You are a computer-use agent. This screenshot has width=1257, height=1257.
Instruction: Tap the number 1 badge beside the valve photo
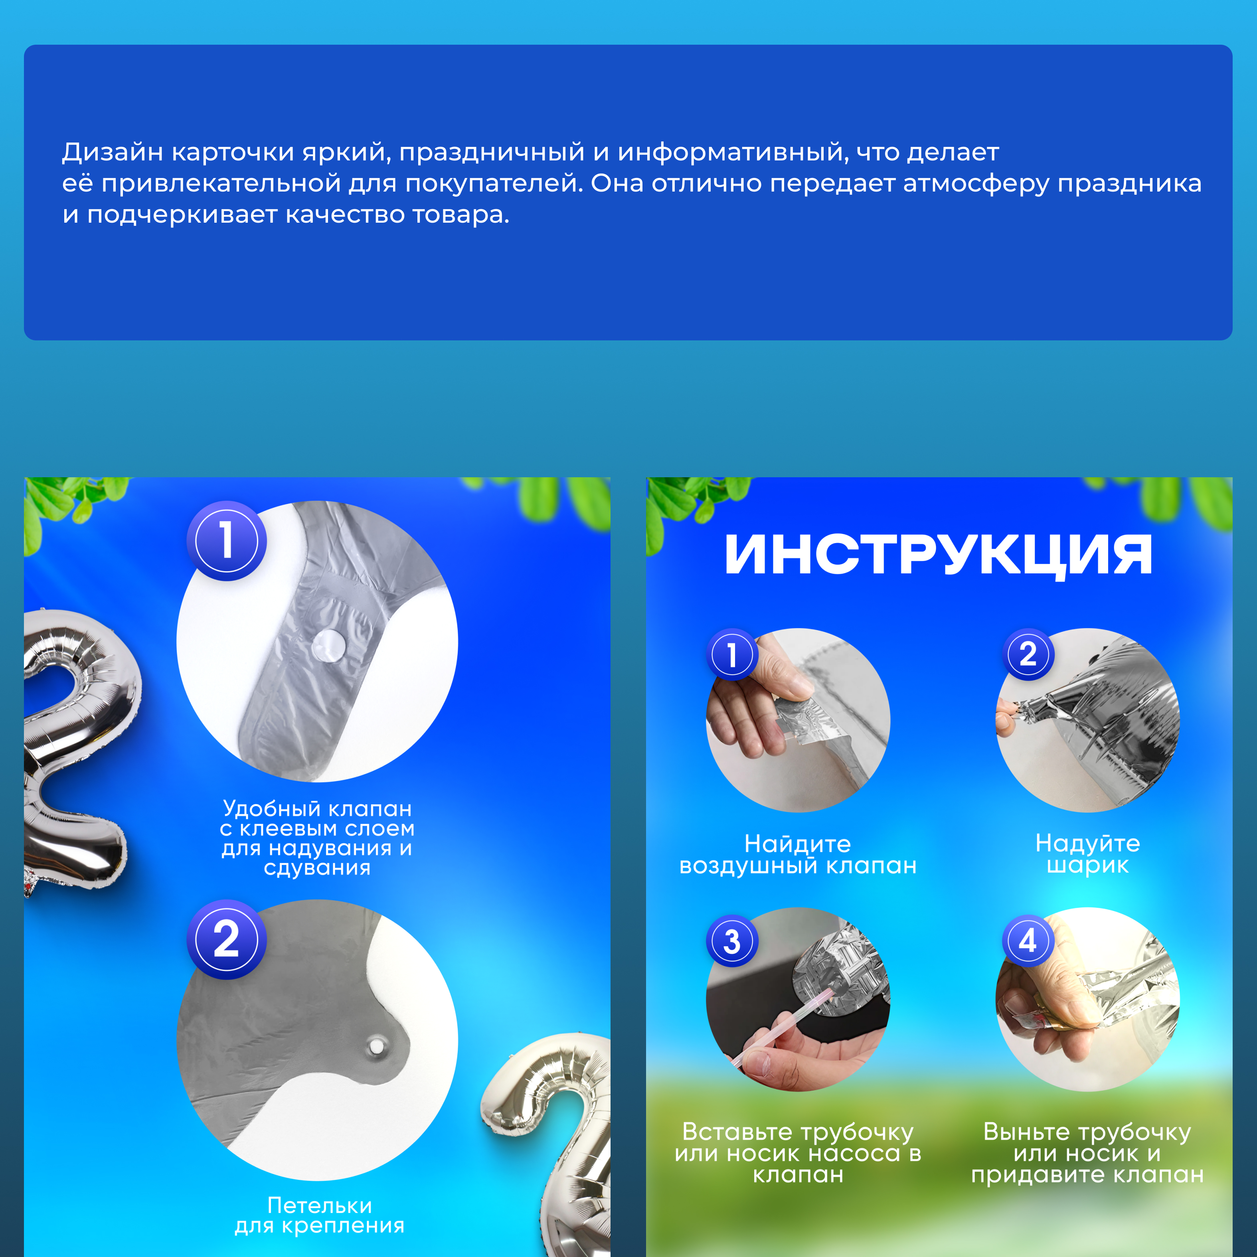click(226, 541)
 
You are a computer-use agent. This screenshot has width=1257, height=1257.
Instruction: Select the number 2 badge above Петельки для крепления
click(226, 939)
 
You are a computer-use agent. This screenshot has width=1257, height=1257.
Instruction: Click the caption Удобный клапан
click(318, 809)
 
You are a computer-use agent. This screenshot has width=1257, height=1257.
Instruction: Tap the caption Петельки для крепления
click(320, 1215)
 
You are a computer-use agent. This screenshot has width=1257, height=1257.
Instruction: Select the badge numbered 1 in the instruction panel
click(732, 654)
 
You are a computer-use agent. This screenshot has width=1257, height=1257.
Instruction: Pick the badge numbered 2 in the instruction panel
click(1028, 654)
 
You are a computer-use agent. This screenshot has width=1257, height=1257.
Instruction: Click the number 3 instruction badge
click(732, 941)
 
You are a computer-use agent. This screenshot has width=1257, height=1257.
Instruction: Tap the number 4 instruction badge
click(1028, 941)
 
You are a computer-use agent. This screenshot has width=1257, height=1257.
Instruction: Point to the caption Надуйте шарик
click(1088, 854)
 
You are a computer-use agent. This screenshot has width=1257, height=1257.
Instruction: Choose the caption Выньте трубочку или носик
click(1087, 1153)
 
